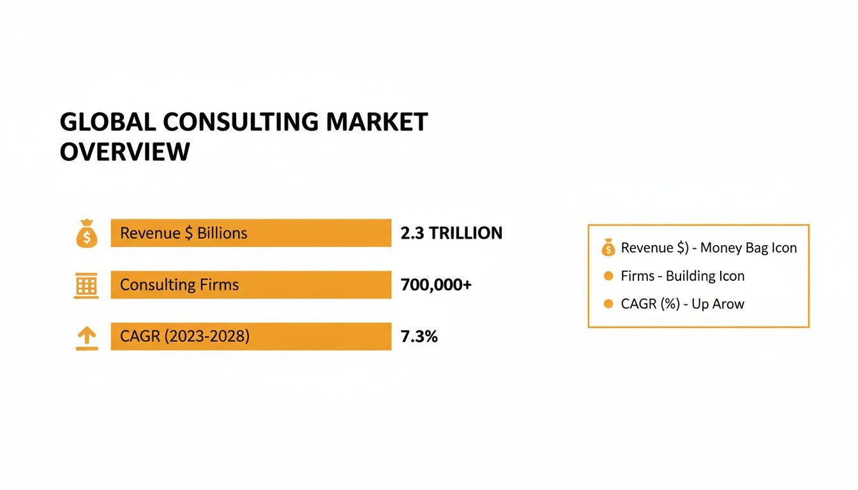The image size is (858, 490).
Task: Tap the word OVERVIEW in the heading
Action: [124, 152]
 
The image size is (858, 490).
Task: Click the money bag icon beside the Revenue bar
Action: [87, 234]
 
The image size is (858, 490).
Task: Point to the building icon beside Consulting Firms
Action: [87, 285]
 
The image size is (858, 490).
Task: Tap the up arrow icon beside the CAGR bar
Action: [87, 338]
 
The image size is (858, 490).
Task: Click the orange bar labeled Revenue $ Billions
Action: [250, 233]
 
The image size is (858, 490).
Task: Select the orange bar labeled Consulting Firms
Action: [250, 285]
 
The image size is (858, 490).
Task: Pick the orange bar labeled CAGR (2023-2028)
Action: [250, 336]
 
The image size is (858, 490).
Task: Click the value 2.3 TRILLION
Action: [451, 234]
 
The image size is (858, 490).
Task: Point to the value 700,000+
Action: [436, 285]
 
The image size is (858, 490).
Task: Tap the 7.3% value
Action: [419, 337]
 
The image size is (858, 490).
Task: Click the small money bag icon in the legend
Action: [608, 248]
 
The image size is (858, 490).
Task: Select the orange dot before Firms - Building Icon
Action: [608, 276]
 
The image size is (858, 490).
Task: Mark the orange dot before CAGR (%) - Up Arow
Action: [608, 304]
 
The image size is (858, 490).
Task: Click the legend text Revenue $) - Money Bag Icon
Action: [709, 248]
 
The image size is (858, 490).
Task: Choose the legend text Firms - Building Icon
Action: [682, 276]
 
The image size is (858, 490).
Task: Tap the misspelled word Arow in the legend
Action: [728, 304]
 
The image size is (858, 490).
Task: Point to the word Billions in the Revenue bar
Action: [222, 234]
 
